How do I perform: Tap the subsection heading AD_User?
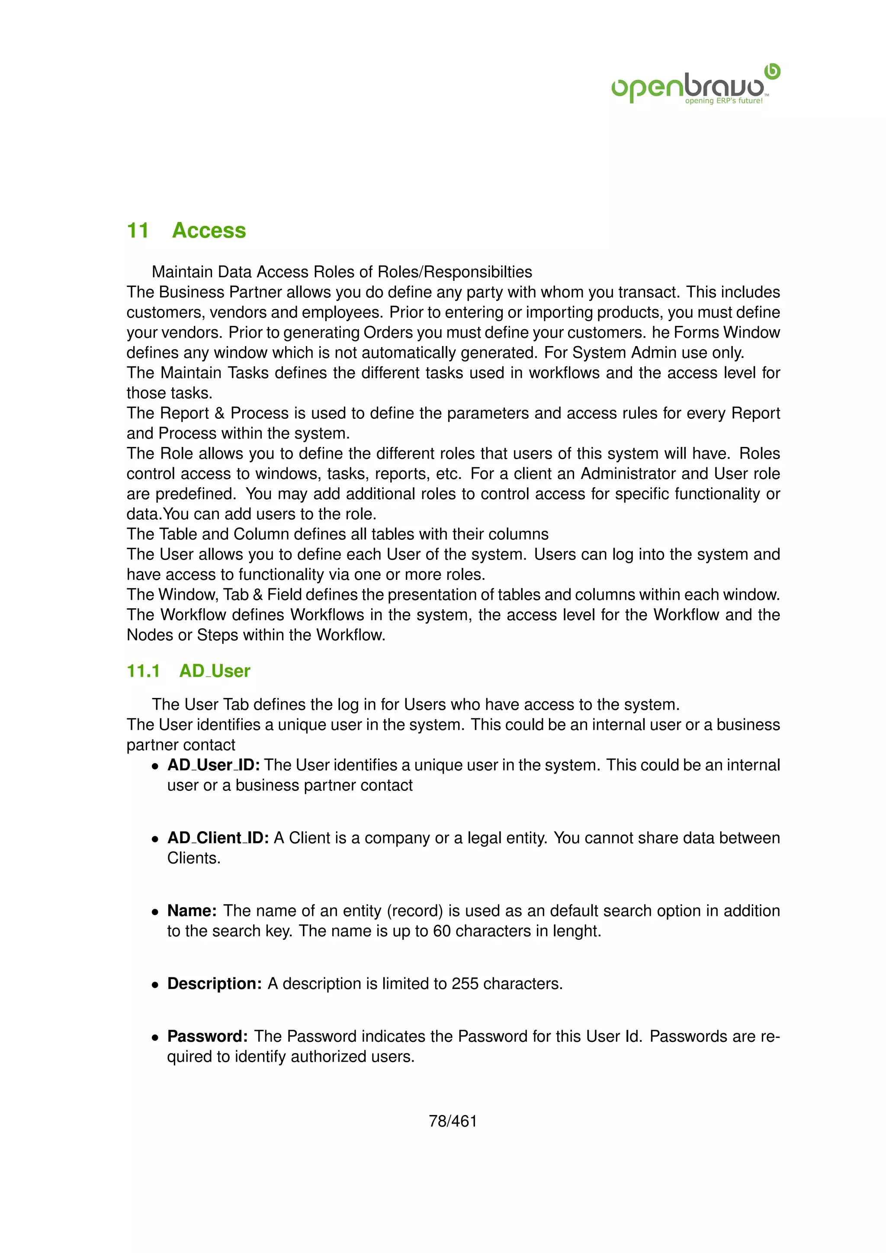(215, 671)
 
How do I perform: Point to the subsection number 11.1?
(143, 671)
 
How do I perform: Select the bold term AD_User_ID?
(213, 765)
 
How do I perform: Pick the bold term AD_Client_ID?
(218, 837)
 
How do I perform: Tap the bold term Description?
(215, 983)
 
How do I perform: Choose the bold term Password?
(208, 1036)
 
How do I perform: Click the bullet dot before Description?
(155, 984)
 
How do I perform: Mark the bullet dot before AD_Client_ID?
(155, 839)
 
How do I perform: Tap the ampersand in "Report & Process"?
(219, 413)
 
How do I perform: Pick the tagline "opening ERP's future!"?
(723, 101)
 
